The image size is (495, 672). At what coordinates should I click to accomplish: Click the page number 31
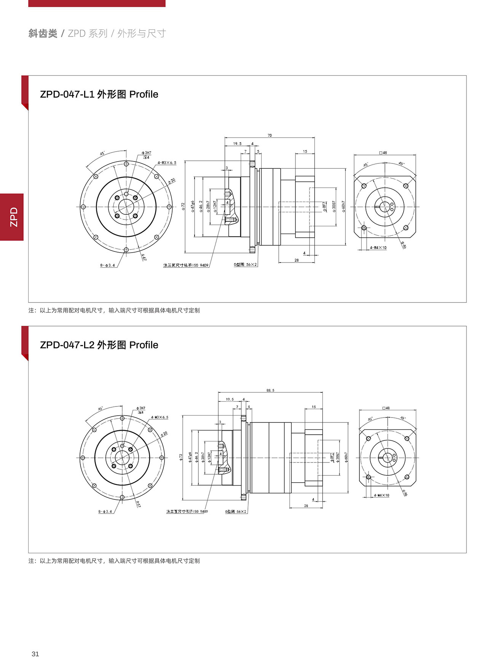pos(35,654)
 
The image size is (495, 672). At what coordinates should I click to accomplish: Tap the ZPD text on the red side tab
pos(14,217)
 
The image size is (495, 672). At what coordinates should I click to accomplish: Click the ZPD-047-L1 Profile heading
pos(99,94)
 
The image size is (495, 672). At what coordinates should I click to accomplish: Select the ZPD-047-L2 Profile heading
pos(99,345)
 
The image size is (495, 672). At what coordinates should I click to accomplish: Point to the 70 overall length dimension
pos(270,135)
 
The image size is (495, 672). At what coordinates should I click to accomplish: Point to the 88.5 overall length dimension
pos(270,390)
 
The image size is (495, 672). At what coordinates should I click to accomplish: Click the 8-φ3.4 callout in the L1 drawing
pos(108,265)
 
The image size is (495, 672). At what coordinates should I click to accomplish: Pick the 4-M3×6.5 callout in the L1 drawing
pos(167,163)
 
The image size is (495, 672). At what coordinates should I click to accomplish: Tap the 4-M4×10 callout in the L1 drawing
pos(378,248)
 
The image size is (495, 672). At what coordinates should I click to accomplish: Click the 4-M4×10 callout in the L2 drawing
pos(381,495)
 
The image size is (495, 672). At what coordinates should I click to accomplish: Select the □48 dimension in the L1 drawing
pos(383,153)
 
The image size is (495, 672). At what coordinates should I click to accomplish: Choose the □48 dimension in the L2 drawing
pos(386,408)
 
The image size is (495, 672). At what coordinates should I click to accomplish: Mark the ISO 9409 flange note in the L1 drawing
pos(186,265)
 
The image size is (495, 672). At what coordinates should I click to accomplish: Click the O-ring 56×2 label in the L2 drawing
pos(236,512)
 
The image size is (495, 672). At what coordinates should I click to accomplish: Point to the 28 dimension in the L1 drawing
pos(297,260)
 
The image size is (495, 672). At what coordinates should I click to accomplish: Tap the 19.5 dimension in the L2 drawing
pos(230,399)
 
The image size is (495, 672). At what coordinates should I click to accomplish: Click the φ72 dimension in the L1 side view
pos(183,207)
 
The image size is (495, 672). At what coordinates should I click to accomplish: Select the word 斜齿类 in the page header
pos(43,34)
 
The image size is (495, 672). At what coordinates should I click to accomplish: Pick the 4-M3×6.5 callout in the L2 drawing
pos(160,417)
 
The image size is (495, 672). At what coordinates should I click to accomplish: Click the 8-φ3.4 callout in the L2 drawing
pos(105,511)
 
